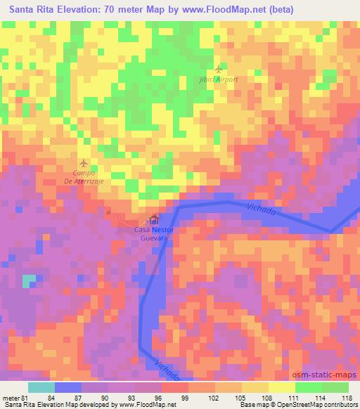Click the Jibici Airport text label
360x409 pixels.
tap(219, 79)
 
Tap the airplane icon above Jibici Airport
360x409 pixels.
tap(219, 69)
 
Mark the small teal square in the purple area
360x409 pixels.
tap(29, 281)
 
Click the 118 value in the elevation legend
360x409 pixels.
tap(346, 398)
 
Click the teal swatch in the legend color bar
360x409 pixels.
tap(41, 387)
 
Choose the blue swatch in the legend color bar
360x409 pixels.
tap(68, 387)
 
